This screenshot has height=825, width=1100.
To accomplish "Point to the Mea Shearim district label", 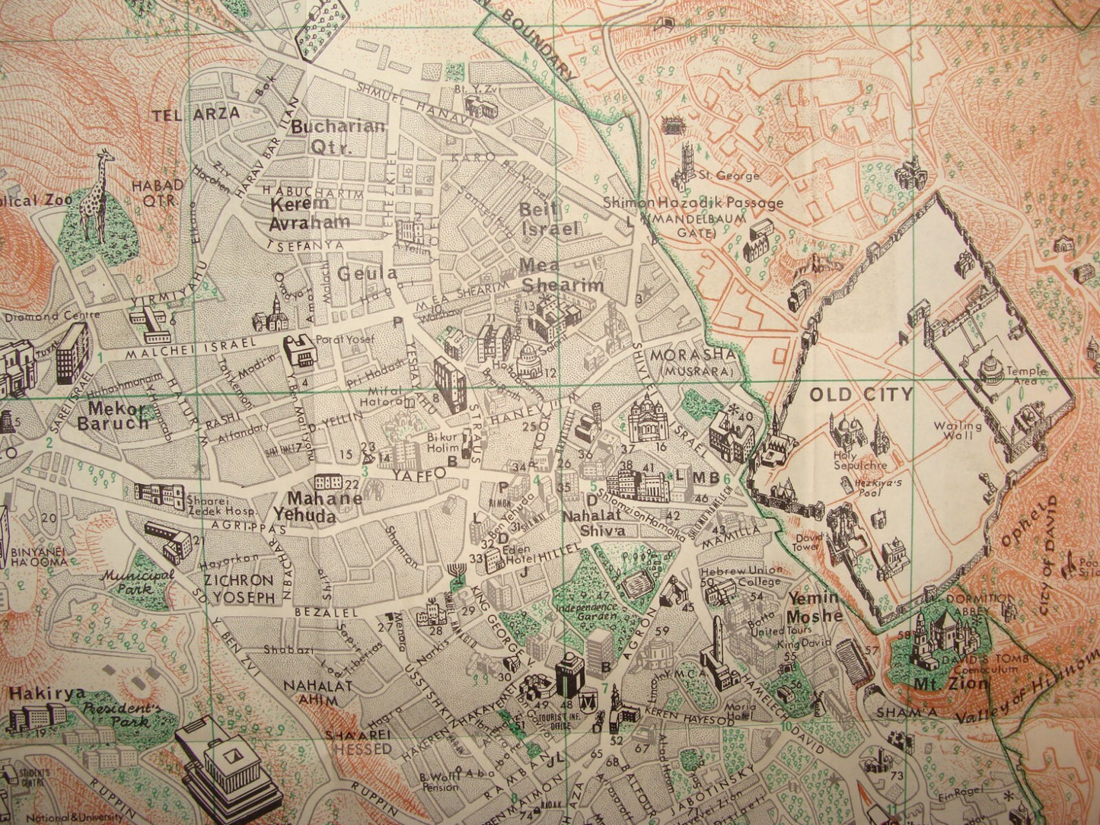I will point(561,276).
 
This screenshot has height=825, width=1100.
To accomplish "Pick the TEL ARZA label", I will point(196,113).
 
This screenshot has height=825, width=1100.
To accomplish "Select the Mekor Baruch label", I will point(113,415).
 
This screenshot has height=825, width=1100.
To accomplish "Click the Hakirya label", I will point(41,693).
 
